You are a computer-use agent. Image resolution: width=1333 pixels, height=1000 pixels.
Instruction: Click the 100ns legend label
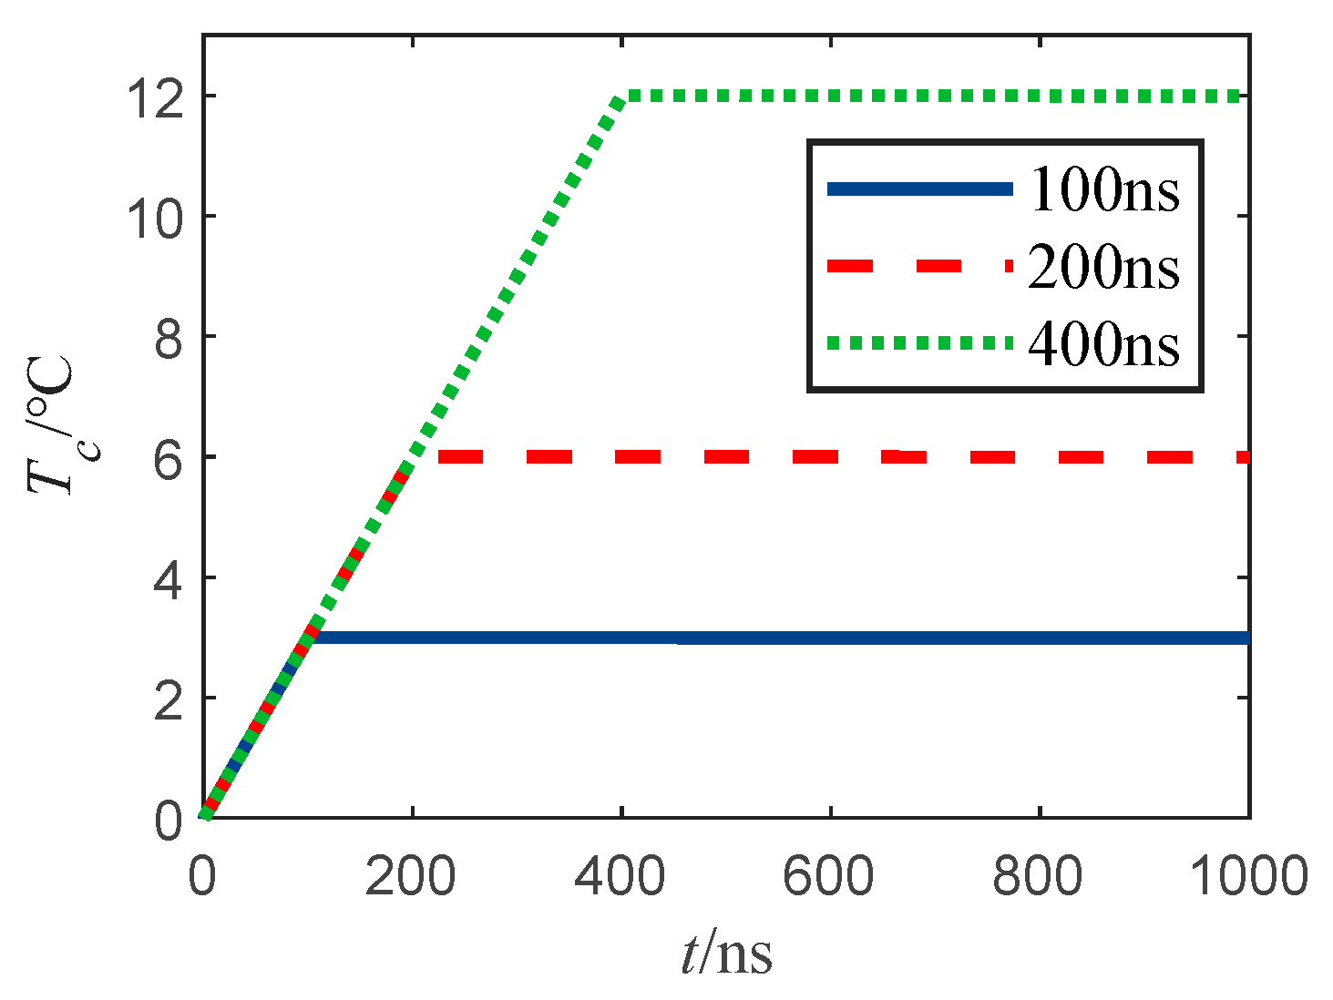pyautogui.click(x=1104, y=190)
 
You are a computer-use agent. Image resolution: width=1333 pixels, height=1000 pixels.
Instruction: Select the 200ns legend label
pyautogui.click(x=1104, y=268)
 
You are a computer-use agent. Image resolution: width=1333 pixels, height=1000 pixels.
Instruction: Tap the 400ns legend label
pyautogui.click(x=1104, y=345)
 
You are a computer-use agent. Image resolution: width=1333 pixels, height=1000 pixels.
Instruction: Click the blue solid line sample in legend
pyautogui.click(x=919, y=189)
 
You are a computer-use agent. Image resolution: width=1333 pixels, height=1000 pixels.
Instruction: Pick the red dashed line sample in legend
pyautogui.click(x=919, y=266)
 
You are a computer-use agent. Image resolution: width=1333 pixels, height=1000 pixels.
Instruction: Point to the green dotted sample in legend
pyautogui.click(x=919, y=343)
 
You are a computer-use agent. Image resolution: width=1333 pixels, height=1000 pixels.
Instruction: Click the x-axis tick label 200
pyautogui.click(x=411, y=877)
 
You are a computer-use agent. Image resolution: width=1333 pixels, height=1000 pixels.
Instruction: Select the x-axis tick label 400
pyautogui.click(x=620, y=877)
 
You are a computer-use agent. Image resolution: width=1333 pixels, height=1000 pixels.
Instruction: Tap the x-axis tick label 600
pyautogui.click(x=830, y=877)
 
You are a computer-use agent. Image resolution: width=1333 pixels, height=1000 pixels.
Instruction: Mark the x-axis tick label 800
pyautogui.click(x=1039, y=877)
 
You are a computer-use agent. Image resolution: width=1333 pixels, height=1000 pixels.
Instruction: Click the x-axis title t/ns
pyautogui.click(x=726, y=954)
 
